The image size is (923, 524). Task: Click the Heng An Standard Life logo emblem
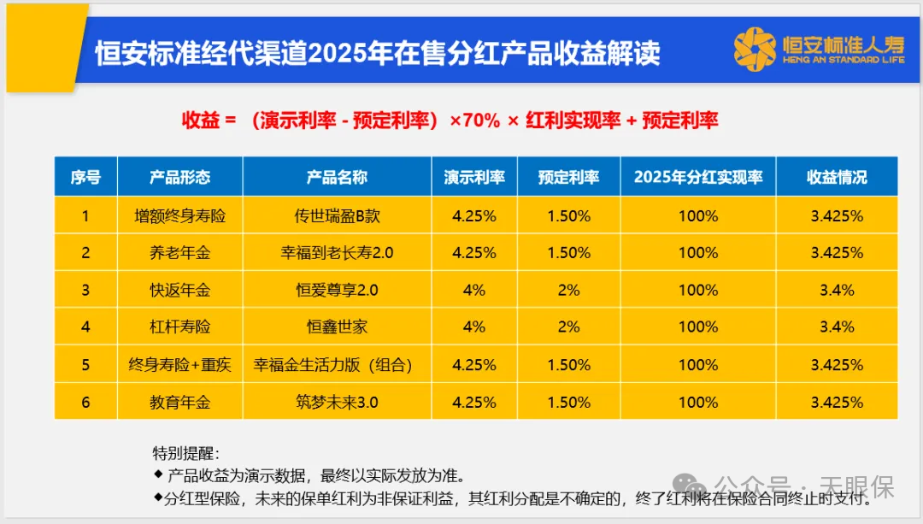[x=754, y=50]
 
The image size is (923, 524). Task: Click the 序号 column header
[x=85, y=177]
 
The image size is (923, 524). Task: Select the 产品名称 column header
[x=337, y=177]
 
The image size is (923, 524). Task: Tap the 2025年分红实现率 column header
[x=697, y=177]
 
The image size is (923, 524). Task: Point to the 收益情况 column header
[x=837, y=177]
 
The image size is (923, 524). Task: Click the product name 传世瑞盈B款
[x=337, y=216]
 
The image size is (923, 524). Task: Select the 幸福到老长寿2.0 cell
[x=337, y=253]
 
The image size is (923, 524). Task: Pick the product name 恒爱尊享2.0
[x=337, y=290]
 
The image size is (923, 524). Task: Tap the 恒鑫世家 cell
[x=337, y=327]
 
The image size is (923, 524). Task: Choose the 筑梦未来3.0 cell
[x=337, y=402]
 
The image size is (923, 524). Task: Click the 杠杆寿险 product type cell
[x=179, y=327]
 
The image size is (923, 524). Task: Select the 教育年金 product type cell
[x=179, y=402]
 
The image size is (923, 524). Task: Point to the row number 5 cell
[x=85, y=365]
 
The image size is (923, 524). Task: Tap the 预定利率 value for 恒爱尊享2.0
[x=568, y=290]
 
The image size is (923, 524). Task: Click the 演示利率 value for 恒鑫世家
[x=473, y=327]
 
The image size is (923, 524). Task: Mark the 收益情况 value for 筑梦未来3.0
[x=837, y=402]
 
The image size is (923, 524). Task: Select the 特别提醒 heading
[x=185, y=453]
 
